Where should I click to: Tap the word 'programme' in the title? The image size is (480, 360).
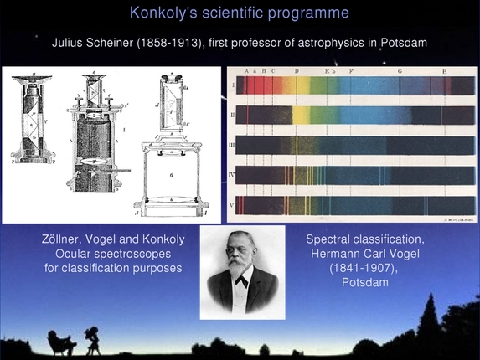tap(312, 13)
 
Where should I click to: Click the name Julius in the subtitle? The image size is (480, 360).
tap(70, 42)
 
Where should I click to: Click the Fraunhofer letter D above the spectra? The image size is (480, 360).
tap(297, 72)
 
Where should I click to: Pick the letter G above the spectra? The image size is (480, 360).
tap(400, 72)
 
